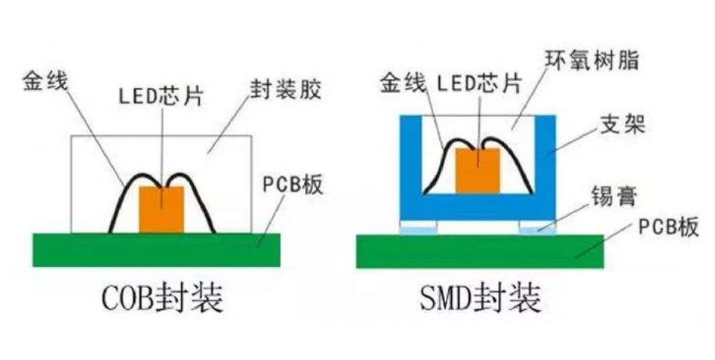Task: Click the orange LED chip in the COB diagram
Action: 161,209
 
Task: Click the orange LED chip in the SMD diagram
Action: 477,170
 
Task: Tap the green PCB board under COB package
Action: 156,250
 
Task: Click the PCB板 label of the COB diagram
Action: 293,184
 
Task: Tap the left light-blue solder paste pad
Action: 419,228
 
